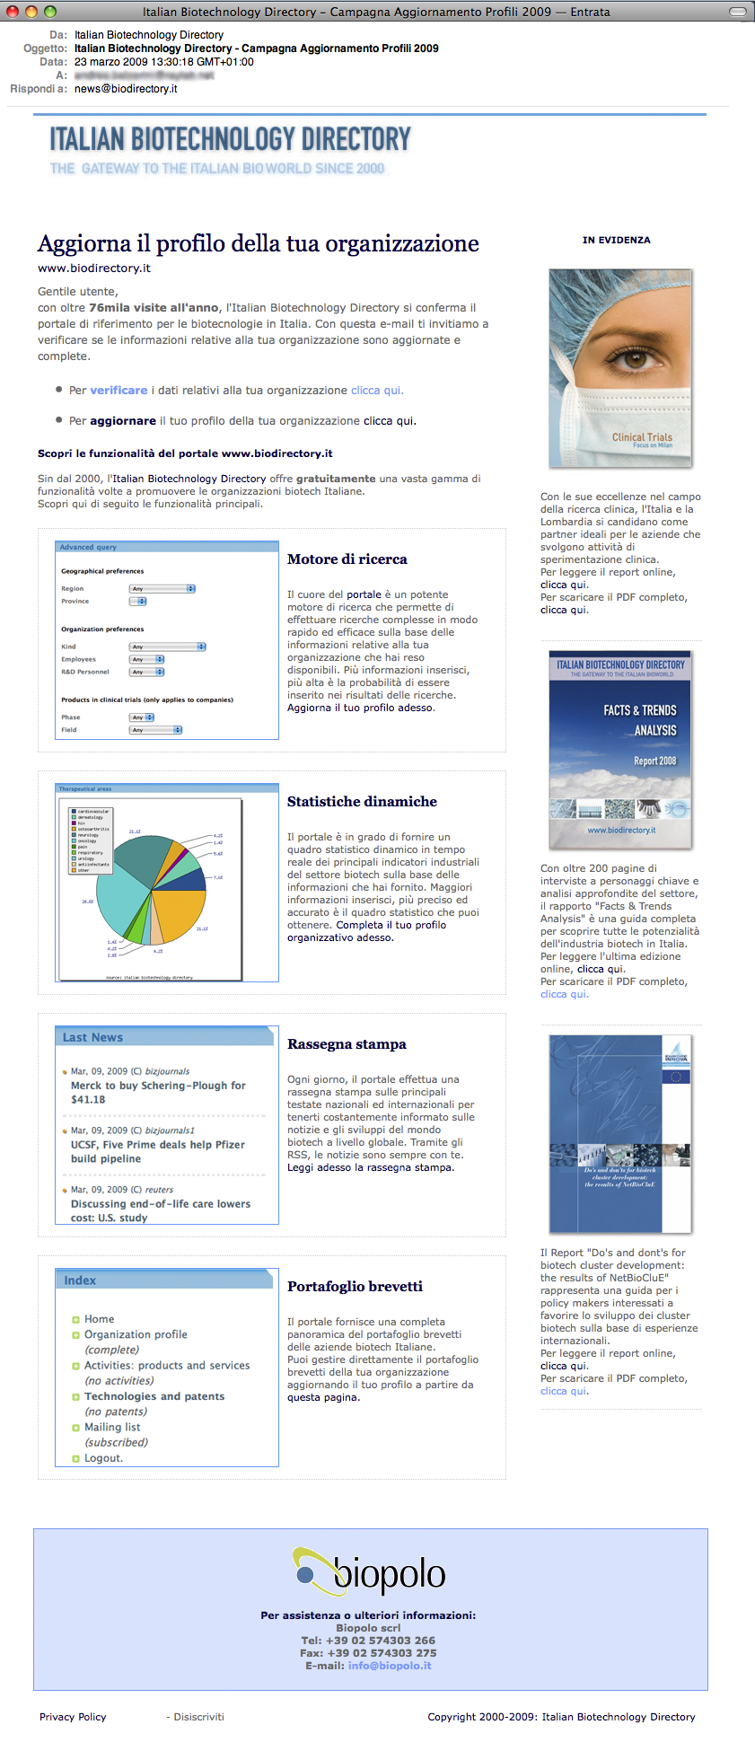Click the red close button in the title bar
point(13,12)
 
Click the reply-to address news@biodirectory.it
point(126,89)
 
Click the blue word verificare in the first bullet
point(119,391)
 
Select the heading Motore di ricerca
point(347,559)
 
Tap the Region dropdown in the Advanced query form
point(162,589)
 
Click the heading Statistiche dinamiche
point(362,802)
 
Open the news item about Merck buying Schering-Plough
point(158,1092)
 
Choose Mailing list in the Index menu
point(112,1427)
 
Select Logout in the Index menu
point(103,1458)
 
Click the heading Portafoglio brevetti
point(355,1287)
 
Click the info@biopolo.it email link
point(390,1666)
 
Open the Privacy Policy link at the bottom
point(73,1717)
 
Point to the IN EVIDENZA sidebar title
point(617,240)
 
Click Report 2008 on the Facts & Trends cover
point(655,761)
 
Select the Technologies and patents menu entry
point(154,1396)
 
